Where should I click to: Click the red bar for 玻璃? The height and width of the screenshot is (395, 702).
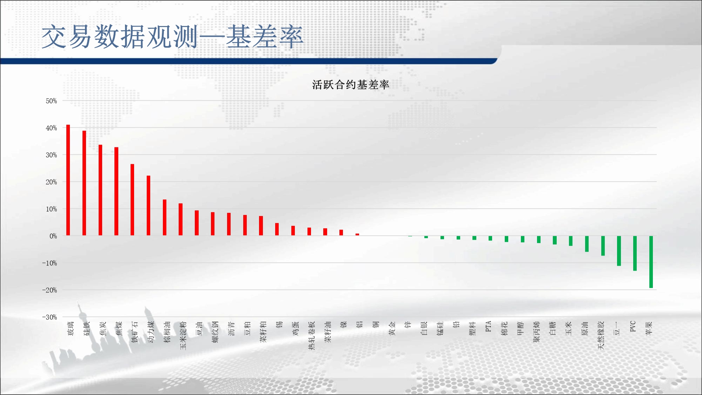click(x=68, y=180)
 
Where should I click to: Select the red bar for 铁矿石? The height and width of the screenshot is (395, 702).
click(x=132, y=200)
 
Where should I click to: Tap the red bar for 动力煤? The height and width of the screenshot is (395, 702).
click(x=148, y=205)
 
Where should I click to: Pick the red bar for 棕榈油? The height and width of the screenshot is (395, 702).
click(x=165, y=217)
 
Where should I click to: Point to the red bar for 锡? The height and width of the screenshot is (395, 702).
click(x=277, y=229)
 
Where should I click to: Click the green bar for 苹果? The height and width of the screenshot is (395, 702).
click(x=651, y=262)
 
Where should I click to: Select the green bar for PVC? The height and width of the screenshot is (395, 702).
click(x=635, y=253)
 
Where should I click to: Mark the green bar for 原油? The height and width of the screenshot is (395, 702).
click(x=587, y=244)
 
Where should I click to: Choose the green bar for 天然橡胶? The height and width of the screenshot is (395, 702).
click(x=603, y=246)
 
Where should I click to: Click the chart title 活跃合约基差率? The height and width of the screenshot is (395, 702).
click(x=351, y=85)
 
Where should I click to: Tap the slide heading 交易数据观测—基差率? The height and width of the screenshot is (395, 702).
click(x=172, y=37)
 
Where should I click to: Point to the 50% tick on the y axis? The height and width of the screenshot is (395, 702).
click(x=51, y=101)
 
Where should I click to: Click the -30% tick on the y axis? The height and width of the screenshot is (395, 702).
click(x=49, y=317)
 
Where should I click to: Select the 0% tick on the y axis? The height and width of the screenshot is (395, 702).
click(x=53, y=236)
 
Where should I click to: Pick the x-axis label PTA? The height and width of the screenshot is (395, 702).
click(x=488, y=326)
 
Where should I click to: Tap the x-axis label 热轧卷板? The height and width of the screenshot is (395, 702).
click(x=312, y=335)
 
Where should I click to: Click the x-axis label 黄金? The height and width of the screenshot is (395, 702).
click(x=392, y=328)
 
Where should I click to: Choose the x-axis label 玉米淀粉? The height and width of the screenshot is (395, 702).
click(x=183, y=335)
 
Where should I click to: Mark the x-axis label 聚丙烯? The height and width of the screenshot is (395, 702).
click(x=537, y=332)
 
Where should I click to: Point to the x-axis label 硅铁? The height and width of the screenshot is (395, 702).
click(x=87, y=328)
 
